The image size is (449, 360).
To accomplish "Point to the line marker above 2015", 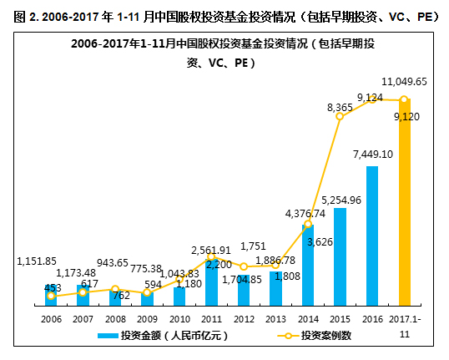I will [x=340, y=116].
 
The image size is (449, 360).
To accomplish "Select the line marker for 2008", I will [x=115, y=289].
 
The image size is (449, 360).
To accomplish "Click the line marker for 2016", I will [x=372, y=99].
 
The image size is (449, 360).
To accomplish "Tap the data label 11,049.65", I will [x=404, y=81].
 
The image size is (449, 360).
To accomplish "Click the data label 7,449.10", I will [x=372, y=154].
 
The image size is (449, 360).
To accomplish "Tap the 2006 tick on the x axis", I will [x=51, y=319].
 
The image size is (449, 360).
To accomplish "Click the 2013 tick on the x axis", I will [x=276, y=319].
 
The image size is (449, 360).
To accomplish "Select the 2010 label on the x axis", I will [x=179, y=319].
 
